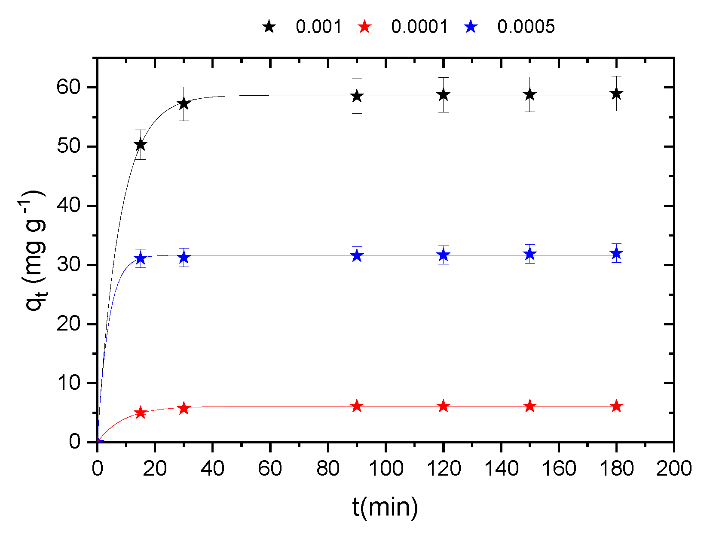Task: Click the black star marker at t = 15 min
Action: (141, 145)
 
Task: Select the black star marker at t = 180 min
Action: (616, 94)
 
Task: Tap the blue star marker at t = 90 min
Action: (357, 256)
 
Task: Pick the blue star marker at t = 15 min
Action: (141, 258)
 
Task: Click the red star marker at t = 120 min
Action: (444, 406)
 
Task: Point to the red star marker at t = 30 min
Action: (184, 408)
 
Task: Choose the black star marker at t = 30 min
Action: (184, 103)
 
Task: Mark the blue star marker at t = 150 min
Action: (530, 254)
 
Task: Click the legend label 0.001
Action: (318, 27)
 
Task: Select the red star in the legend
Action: (364, 27)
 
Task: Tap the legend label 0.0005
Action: (526, 27)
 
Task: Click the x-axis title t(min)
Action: (385, 507)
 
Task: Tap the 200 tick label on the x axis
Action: (673, 468)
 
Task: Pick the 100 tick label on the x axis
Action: (386, 468)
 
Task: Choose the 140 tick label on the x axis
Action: (501, 468)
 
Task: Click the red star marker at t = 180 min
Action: (616, 406)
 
